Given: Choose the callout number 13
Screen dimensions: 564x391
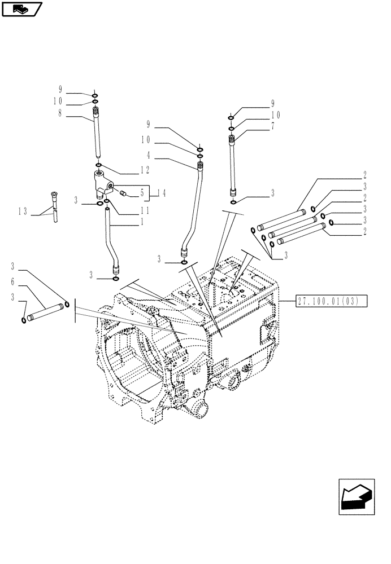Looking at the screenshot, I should tap(23, 211).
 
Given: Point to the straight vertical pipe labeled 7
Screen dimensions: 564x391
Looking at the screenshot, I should tap(232, 164).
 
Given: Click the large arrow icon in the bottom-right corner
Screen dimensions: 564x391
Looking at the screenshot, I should tap(356, 496).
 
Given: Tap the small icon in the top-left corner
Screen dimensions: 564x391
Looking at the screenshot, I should tap(22, 9).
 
